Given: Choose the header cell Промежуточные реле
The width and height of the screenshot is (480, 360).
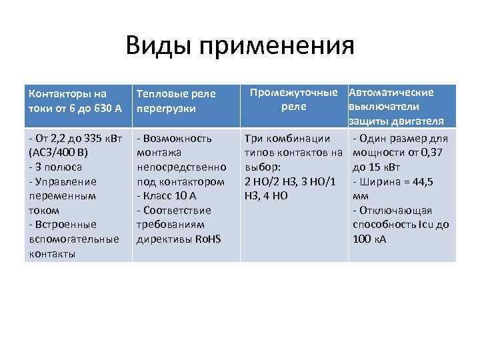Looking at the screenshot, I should point(294,99).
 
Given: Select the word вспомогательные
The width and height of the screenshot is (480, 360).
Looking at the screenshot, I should point(74,239).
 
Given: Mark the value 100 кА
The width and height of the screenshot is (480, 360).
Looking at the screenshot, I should point(370,239).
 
